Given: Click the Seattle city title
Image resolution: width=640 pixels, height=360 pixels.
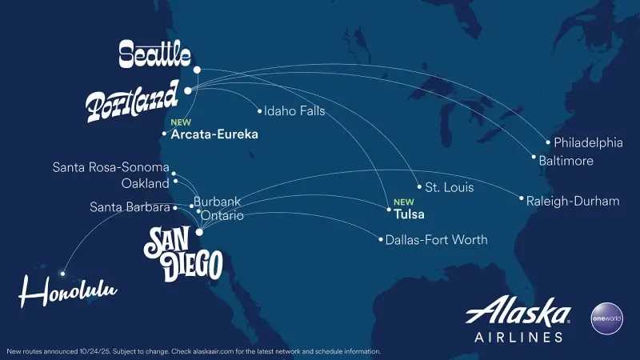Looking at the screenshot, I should point(154,54).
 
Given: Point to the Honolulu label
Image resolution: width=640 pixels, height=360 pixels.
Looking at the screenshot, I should point(68,293).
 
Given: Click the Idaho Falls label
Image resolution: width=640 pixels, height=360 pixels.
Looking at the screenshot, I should point(294,111).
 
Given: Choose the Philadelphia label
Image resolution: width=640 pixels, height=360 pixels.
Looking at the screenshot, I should point(588,143).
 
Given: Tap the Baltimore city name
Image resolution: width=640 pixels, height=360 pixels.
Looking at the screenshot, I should point(566,162).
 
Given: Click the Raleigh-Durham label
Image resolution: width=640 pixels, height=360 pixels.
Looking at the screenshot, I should point(573,201).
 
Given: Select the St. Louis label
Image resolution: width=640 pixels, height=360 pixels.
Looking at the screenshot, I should point(449,188).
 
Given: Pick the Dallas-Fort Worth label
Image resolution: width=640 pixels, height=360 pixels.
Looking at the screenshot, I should point(436,239).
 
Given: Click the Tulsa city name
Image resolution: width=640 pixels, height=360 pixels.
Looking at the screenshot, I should point(409,214).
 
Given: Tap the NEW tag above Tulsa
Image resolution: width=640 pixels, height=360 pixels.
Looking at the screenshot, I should point(403,202).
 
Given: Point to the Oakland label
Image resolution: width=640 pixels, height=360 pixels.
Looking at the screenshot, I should point(146,183).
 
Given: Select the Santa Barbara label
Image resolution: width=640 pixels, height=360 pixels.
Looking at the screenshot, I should point(130,207).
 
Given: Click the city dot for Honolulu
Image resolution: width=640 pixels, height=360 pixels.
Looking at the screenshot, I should point(62,274).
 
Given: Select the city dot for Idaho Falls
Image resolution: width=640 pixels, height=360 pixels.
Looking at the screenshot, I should point(259,111).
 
